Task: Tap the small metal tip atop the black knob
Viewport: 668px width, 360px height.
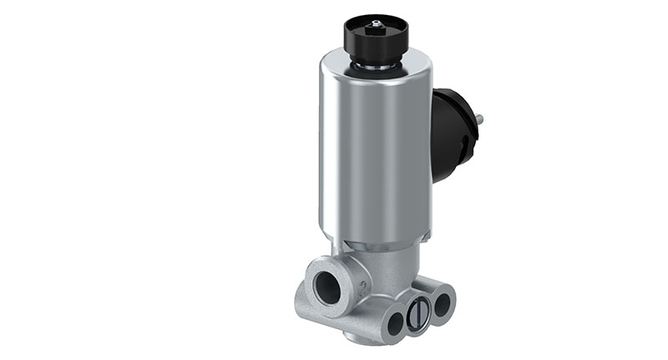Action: click(x=376, y=23)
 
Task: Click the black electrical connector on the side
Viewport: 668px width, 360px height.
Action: click(x=451, y=134)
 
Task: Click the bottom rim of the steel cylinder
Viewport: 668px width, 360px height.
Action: click(x=376, y=242)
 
